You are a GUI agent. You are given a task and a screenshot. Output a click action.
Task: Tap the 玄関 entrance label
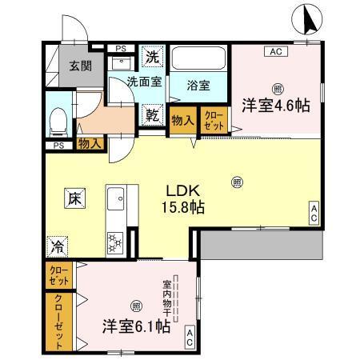(78, 66)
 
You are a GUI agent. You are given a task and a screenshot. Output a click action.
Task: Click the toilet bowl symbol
(58, 122)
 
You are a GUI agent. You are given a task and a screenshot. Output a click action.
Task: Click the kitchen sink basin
(115, 196)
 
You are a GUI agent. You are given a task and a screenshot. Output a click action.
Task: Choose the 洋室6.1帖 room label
(136, 326)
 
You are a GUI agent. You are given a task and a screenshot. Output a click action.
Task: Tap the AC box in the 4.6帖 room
(274, 52)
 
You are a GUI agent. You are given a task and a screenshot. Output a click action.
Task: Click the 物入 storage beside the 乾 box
(183, 119)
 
